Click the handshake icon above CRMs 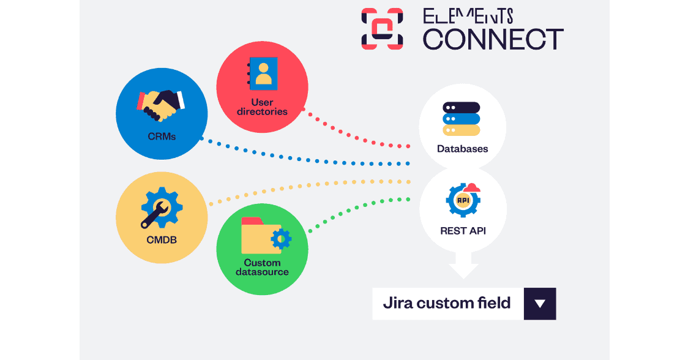pos(160,106)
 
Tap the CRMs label pos(162,137)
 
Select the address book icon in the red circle pos(263,73)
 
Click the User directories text pos(262,107)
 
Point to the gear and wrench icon pos(161,208)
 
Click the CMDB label pos(162,240)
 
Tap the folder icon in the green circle pos(266,236)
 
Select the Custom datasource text pos(262,268)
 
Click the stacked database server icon pos(461,119)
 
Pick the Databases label pos(463,149)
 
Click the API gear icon pos(463,200)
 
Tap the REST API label pos(463,231)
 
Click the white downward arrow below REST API pos(463,265)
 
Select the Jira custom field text pos(447,303)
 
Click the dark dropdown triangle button pos(540,304)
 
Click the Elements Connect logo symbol pos(382,29)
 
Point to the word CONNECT pos(493,40)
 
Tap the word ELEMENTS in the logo pos(468,17)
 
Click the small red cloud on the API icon pos(472,188)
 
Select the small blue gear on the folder pos(281,239)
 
